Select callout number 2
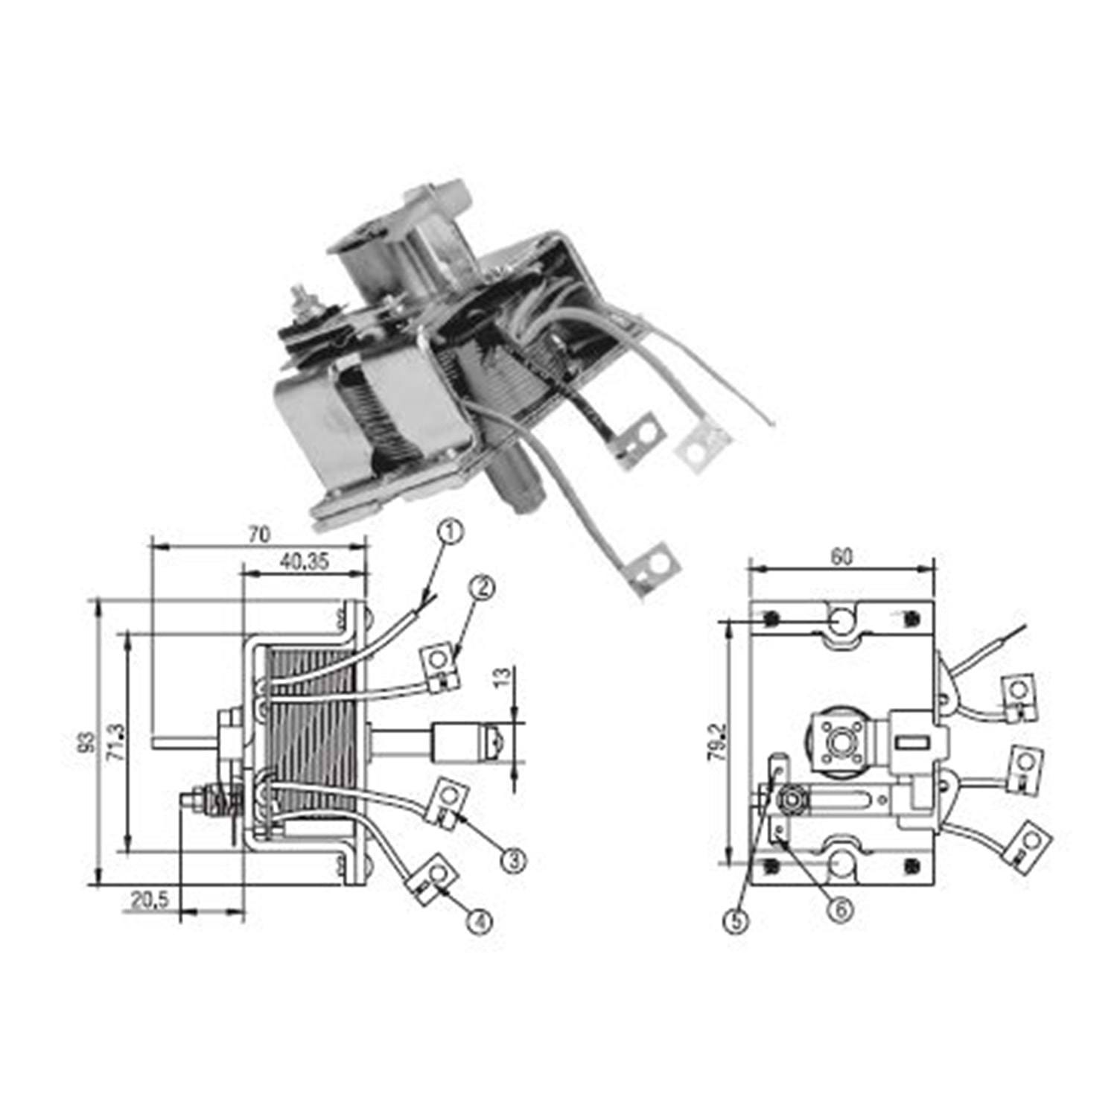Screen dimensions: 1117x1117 483,588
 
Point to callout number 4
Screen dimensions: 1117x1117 480,922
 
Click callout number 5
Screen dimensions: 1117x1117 736,922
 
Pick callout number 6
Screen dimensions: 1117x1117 841,910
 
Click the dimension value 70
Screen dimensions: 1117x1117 259,535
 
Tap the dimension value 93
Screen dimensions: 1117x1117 88,742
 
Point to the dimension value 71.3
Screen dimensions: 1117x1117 118,742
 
